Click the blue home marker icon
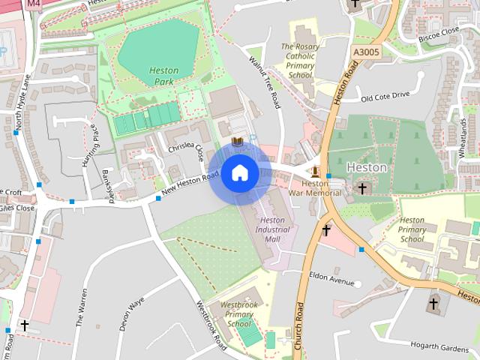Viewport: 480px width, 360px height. pyautogui.click(x=239, y=172)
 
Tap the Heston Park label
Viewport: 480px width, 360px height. pyautogui.click(x=163, y=76)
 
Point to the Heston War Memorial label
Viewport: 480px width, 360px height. pyautogui.click(x=321, y=188)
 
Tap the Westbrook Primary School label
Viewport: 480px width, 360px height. pyautogui.click(x=238, y=315)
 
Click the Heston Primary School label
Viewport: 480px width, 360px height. pyautogui.click(x=412, y=229)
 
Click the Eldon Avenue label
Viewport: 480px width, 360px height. pyautogui.click(x=331, y=278)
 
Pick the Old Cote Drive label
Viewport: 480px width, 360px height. pyautogui.click(x=385, y=96)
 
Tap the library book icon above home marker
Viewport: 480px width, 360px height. pyautogui.click(x=237, y=142)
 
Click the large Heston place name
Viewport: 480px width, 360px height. pyautogui.click(x=367, y=168)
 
